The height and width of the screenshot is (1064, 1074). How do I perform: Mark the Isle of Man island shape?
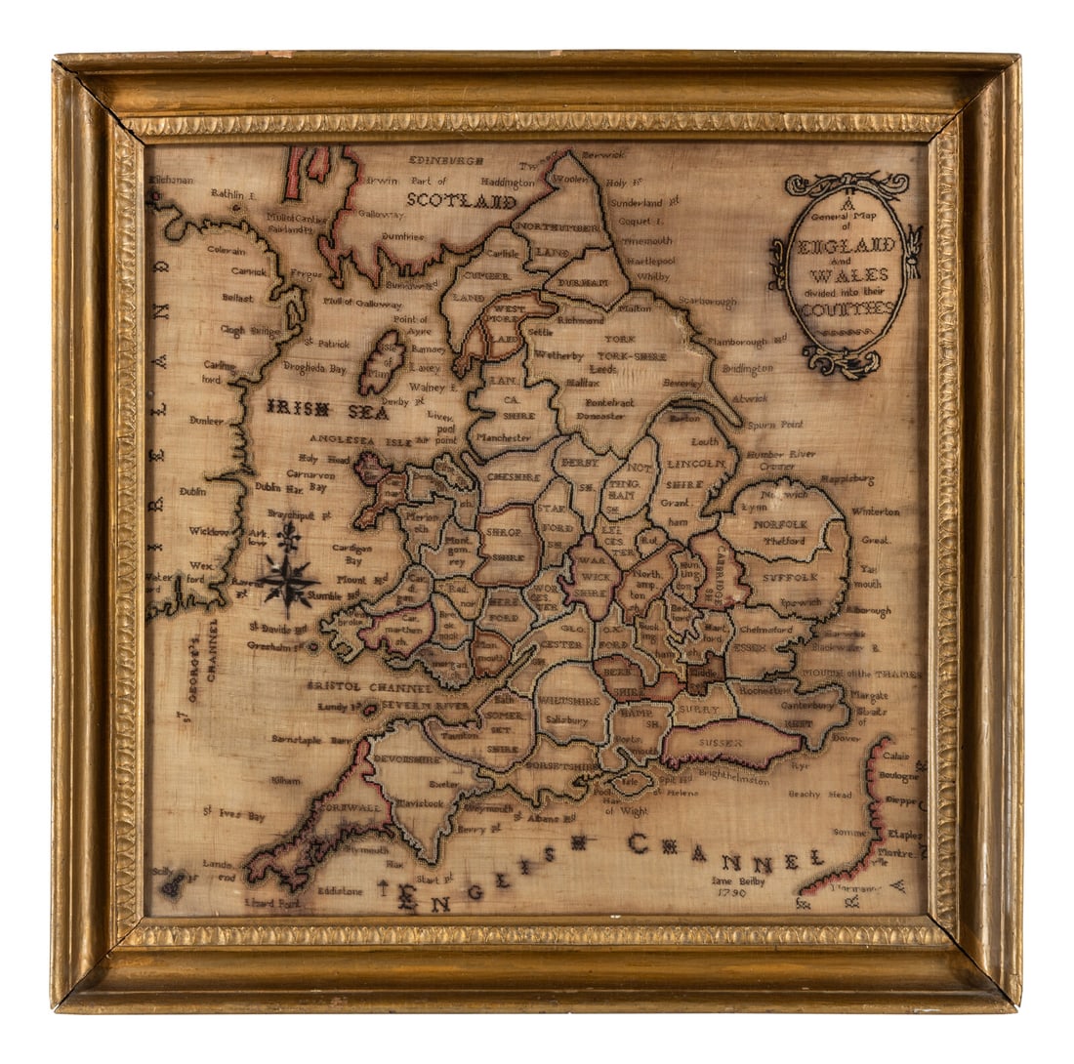(381, 361)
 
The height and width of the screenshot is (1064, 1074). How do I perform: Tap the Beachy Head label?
(819, 795)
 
